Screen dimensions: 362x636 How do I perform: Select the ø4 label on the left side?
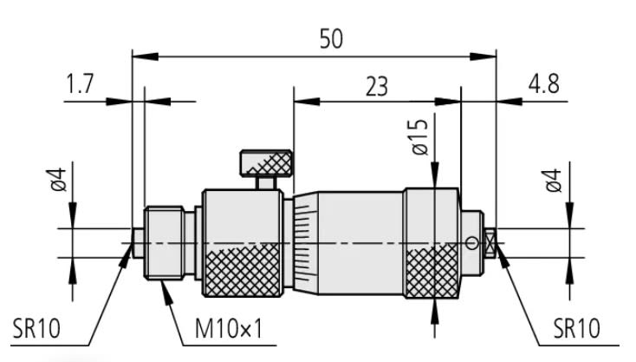tap(57, 180)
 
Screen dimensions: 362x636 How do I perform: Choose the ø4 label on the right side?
tap(552, 180)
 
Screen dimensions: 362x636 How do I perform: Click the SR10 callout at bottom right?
tap(575, 328)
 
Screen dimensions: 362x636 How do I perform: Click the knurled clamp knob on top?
tap(266, 161)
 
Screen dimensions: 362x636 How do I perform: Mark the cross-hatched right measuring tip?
tap(490, 243)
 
